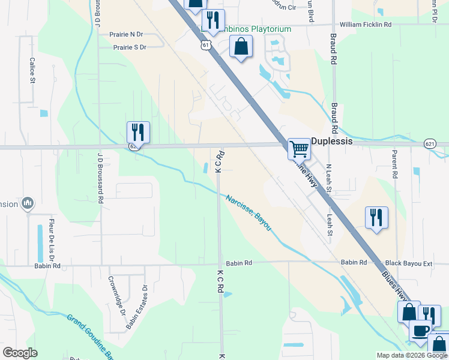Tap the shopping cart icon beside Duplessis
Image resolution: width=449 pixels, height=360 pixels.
299,148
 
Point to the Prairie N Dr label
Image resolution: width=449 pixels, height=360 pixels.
127,35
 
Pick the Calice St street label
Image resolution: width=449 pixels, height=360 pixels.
32,70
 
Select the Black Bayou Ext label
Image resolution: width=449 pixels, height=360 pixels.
409,263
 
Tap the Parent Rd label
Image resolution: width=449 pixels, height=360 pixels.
395,164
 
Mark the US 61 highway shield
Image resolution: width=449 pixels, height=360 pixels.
206,45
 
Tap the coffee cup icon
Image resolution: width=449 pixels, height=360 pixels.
420,330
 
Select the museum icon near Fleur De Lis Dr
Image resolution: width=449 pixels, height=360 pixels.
27,204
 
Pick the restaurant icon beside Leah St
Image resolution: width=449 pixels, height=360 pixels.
376,217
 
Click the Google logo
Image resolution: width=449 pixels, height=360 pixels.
20,353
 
